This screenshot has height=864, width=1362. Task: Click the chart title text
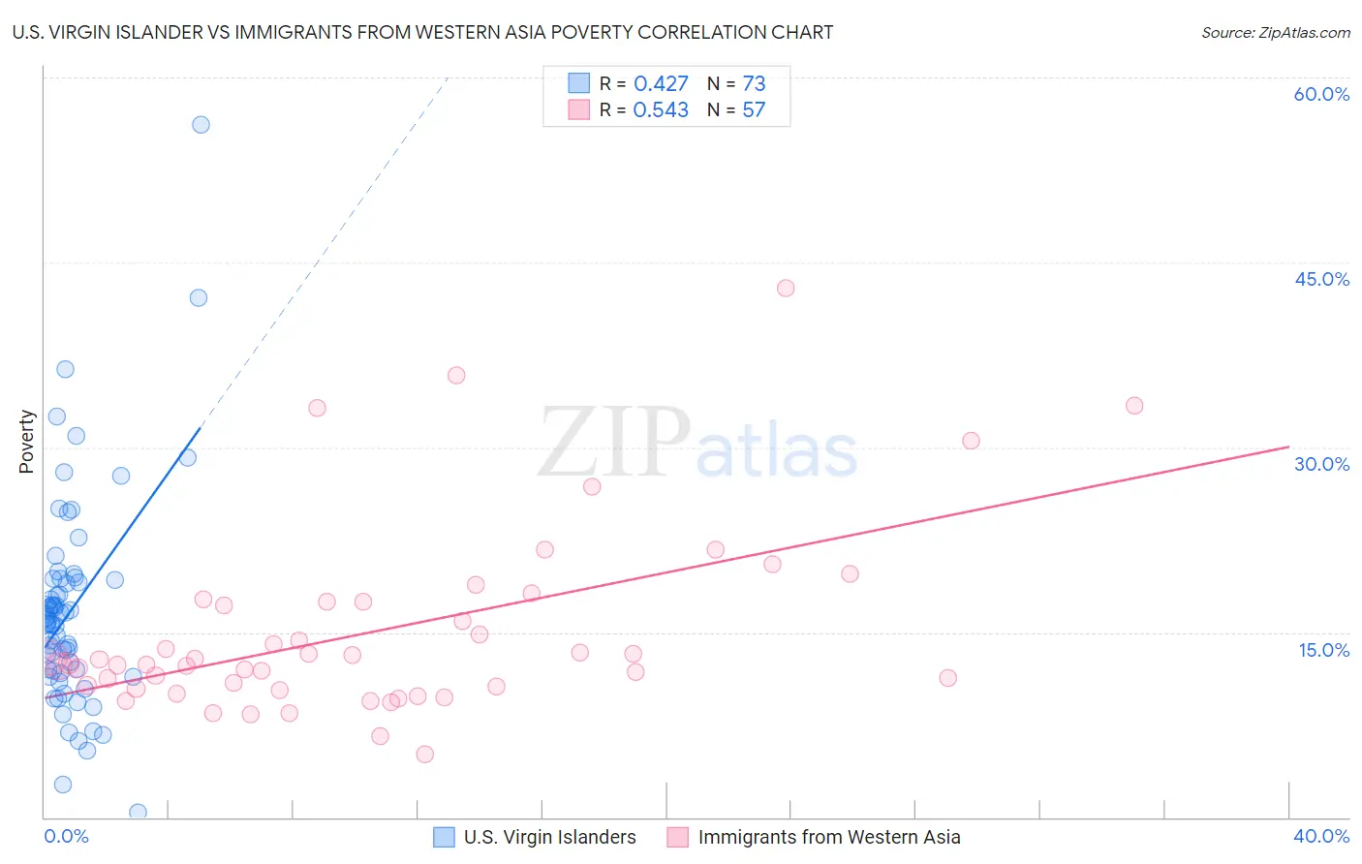tap(422, 32)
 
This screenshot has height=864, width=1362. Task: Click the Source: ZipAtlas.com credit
tap(1275, 32)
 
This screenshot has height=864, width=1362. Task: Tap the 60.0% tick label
tap(1321, 94)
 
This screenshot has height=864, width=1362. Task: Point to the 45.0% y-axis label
tap(1321, 279)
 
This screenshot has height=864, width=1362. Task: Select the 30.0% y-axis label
tap(1321, 464)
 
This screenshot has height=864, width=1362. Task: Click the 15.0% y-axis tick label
tap(1323, 650)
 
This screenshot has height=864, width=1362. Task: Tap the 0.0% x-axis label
tap(66, 836)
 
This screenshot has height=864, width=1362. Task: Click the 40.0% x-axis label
tap(1321, 836)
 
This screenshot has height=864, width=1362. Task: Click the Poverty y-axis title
tap(26, 441)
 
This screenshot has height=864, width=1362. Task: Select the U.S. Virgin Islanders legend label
tap(549, 837)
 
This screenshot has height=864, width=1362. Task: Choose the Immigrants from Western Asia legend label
tap(829, 837)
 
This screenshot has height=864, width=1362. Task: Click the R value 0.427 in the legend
tap(661, 83)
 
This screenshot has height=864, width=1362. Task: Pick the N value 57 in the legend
tap(754, 109)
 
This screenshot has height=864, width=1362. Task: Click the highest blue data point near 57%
tap(201, 124)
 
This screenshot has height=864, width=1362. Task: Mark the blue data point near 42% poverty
tap(199, 297)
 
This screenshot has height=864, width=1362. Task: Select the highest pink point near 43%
tap(786, 288)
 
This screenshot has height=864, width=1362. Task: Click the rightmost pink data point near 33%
tap(1134, 405)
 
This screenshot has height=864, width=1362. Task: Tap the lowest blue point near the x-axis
tap(138, 812)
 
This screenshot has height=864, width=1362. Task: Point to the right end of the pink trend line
tap(1288, 447)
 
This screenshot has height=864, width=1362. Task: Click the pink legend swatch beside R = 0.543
tap(578, 109)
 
